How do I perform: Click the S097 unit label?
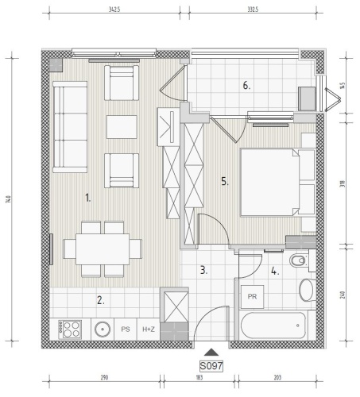[211, 366]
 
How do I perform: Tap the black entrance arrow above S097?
[211, 353]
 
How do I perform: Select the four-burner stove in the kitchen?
[70, 330]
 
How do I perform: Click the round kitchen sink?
[103, 330]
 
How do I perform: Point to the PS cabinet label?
[126, 330]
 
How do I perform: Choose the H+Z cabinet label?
[149, 330]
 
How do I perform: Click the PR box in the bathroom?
[252, 297]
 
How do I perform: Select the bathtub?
[273, 326]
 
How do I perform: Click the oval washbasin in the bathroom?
[306, 290]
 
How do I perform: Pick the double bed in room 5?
[277, 183]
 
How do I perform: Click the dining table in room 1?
[103, 249]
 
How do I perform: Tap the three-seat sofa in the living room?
[70, 127]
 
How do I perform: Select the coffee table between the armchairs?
[122, 127]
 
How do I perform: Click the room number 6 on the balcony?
[246, 86]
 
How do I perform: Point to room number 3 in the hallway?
[203, 270]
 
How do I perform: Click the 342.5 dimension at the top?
[114, 10]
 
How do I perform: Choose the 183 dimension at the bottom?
[199, 377]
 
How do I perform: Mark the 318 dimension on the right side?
[343, 184]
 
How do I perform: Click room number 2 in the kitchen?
[101, 300]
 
